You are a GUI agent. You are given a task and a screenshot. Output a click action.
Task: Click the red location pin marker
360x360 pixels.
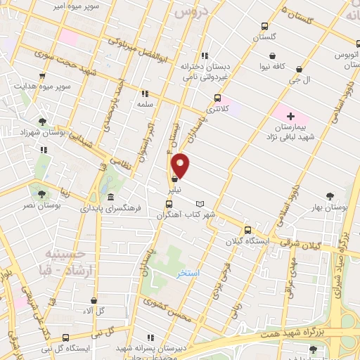pos(181,165)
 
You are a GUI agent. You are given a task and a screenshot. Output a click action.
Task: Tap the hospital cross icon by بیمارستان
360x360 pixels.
pos(290,115)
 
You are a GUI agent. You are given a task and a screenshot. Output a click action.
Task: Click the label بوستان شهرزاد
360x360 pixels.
pos(42,131)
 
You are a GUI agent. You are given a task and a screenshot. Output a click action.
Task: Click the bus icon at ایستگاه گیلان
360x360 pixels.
pos(247,230)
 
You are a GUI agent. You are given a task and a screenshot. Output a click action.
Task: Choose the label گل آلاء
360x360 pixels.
pos(94,310)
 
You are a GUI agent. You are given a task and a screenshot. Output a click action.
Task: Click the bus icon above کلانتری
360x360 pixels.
pos(217,98)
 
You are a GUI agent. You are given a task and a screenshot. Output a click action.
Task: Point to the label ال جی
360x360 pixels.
pos(300,80)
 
